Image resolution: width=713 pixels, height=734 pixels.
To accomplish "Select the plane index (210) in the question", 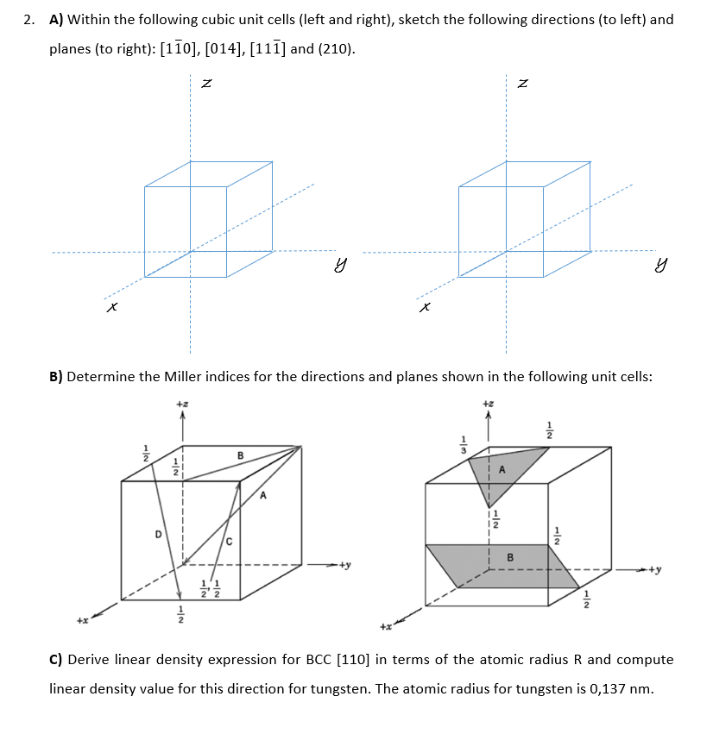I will tap(336, 48).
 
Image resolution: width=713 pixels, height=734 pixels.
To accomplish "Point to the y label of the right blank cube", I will tap(662, 268).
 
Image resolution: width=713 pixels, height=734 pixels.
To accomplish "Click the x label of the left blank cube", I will tap(110, 306).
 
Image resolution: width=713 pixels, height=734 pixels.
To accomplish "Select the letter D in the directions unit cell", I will tap(159, 534).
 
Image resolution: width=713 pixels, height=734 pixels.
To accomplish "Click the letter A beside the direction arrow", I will tap(263, 496).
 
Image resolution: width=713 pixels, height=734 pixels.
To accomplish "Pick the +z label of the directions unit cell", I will tap(181, 404).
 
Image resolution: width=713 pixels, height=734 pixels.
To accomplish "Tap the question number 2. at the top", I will tap(30, 19).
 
